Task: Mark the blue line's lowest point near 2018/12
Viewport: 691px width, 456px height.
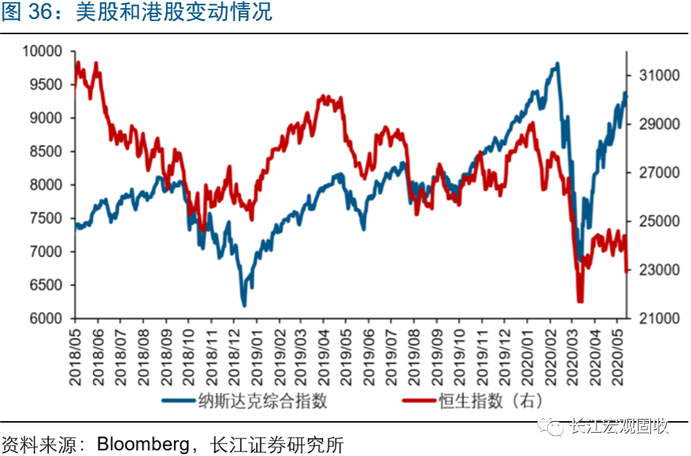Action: tap(244, 305)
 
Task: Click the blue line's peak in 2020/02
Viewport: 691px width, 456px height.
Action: tap(556, 64)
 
